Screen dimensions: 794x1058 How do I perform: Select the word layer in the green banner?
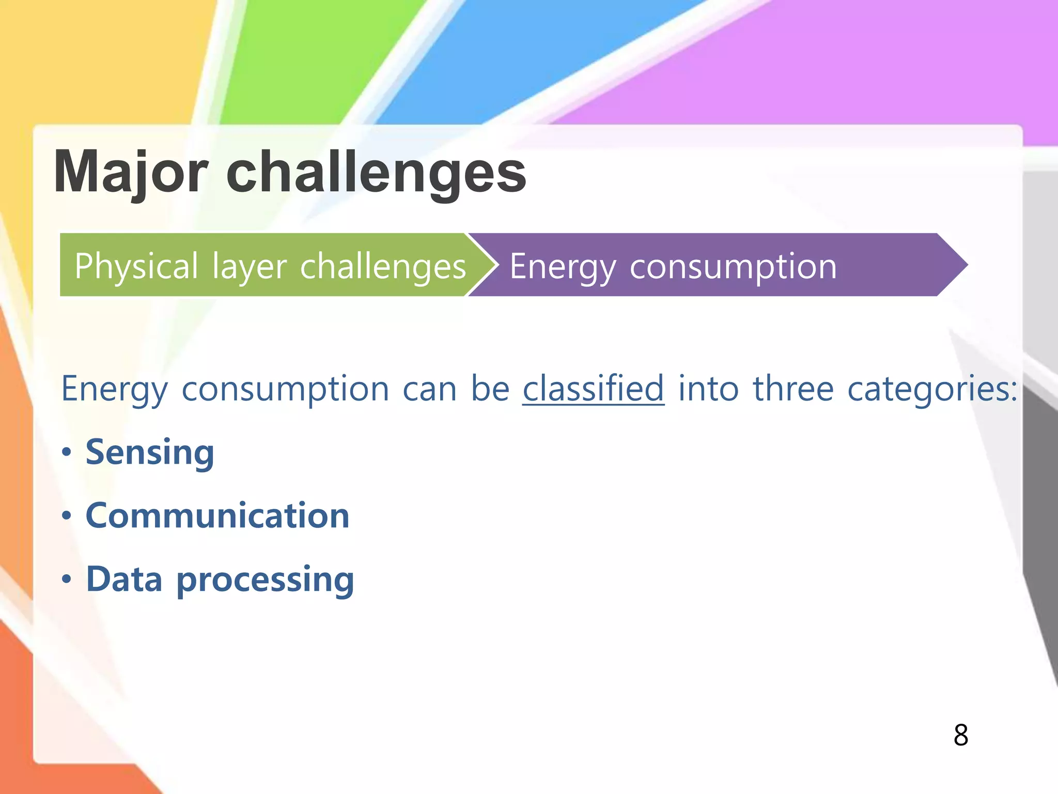(249, 267)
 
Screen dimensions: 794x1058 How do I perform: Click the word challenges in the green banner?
(383, 267)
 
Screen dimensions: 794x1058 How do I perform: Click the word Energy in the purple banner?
(563, 267)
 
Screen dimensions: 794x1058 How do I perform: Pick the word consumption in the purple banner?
(733, 267)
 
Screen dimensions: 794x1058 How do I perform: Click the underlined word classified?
(593, 389)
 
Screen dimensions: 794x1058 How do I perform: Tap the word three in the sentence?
(793, 389)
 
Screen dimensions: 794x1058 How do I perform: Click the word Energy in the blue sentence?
(114, 389)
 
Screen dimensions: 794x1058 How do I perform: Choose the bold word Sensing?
(150, 453)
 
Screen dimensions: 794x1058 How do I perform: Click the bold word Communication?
(217, 516)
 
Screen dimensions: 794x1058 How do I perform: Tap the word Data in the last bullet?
(124, 579)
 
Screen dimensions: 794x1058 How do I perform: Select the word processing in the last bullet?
(265, 580)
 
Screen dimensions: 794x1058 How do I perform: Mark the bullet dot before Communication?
(66, 516)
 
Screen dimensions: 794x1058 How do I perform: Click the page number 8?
(960, 735)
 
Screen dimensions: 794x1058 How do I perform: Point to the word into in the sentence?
(708, 389)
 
